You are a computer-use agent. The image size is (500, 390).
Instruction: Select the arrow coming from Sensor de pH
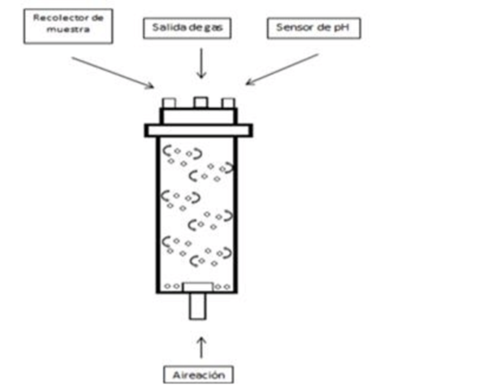click(284, 70)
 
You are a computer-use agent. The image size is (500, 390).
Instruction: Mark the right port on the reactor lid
click(228, 103)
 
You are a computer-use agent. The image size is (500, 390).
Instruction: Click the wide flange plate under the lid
click(198, 130)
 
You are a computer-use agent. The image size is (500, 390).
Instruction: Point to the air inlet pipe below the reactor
click(198, 307)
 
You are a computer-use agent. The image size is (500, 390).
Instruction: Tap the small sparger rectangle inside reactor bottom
click(198, 286)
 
